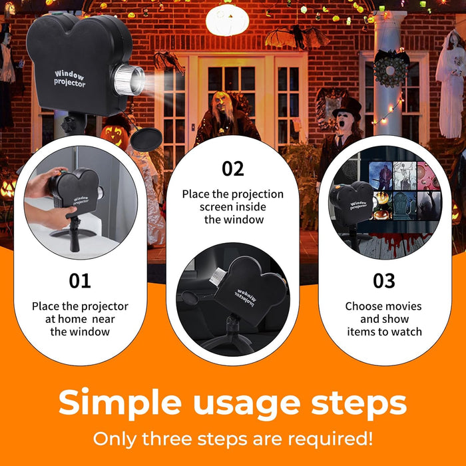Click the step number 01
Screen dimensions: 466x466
[80, 281]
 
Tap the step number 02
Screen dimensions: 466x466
[233, 169]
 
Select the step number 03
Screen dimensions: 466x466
[384, 281]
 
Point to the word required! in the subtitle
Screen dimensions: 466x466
[330, 439]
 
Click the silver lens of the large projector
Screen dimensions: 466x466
[129, 80]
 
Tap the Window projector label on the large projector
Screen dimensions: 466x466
[69, 79]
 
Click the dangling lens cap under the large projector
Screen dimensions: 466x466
[146, 139]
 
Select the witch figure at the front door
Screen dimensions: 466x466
[226, 118]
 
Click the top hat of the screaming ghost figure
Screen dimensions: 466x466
[348, 108]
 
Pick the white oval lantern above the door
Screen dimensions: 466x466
[228, 20]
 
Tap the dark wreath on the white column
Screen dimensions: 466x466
[390, 71]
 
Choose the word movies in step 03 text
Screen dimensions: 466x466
[404, 306]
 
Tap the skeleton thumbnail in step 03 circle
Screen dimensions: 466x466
[405, 176]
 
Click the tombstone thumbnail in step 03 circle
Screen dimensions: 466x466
[405, 205]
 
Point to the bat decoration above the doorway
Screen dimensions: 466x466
[297, 37]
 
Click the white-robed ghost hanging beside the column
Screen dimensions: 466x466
[451, 85]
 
